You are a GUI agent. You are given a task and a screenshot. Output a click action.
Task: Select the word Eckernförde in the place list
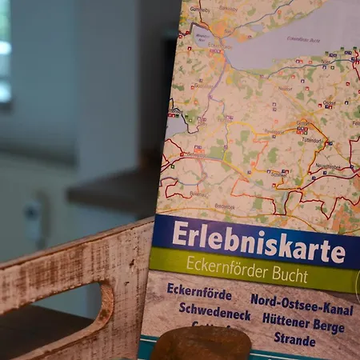(199, 292)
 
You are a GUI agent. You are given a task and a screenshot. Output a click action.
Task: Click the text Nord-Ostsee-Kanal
(302, 302)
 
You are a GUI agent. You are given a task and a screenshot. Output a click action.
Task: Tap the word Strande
(294, 338)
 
